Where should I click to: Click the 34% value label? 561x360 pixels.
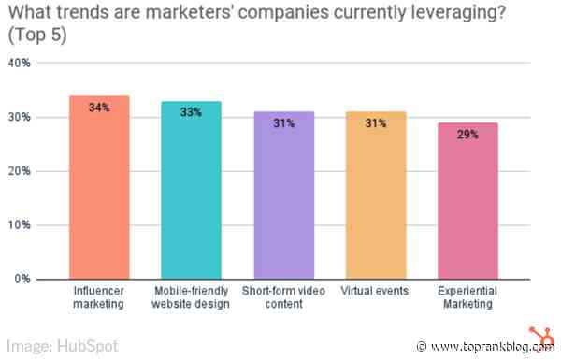point(99,108)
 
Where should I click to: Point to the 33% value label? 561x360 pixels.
point(191,113)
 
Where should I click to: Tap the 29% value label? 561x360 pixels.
point(467,135)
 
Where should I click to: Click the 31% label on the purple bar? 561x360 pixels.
point(283,123)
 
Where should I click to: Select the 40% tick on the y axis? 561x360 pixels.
point(20,64)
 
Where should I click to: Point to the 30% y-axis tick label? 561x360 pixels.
point(20,118)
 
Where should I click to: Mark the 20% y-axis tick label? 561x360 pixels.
point(20,172)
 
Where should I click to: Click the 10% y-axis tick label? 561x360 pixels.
point(20,225)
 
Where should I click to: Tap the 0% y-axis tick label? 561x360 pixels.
point(23,280)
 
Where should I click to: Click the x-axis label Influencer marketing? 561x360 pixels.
point(99,297)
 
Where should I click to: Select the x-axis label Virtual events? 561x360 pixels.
point(375,292)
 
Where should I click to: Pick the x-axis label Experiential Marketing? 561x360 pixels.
point(467,297)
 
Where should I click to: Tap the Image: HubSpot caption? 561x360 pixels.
point(60,345)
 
